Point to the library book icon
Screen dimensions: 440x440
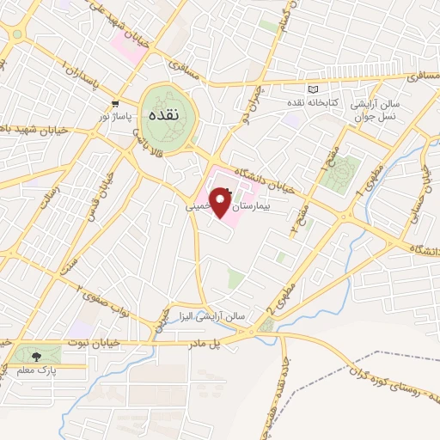[312, 90]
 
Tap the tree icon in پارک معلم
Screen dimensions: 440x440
[35, 356]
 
